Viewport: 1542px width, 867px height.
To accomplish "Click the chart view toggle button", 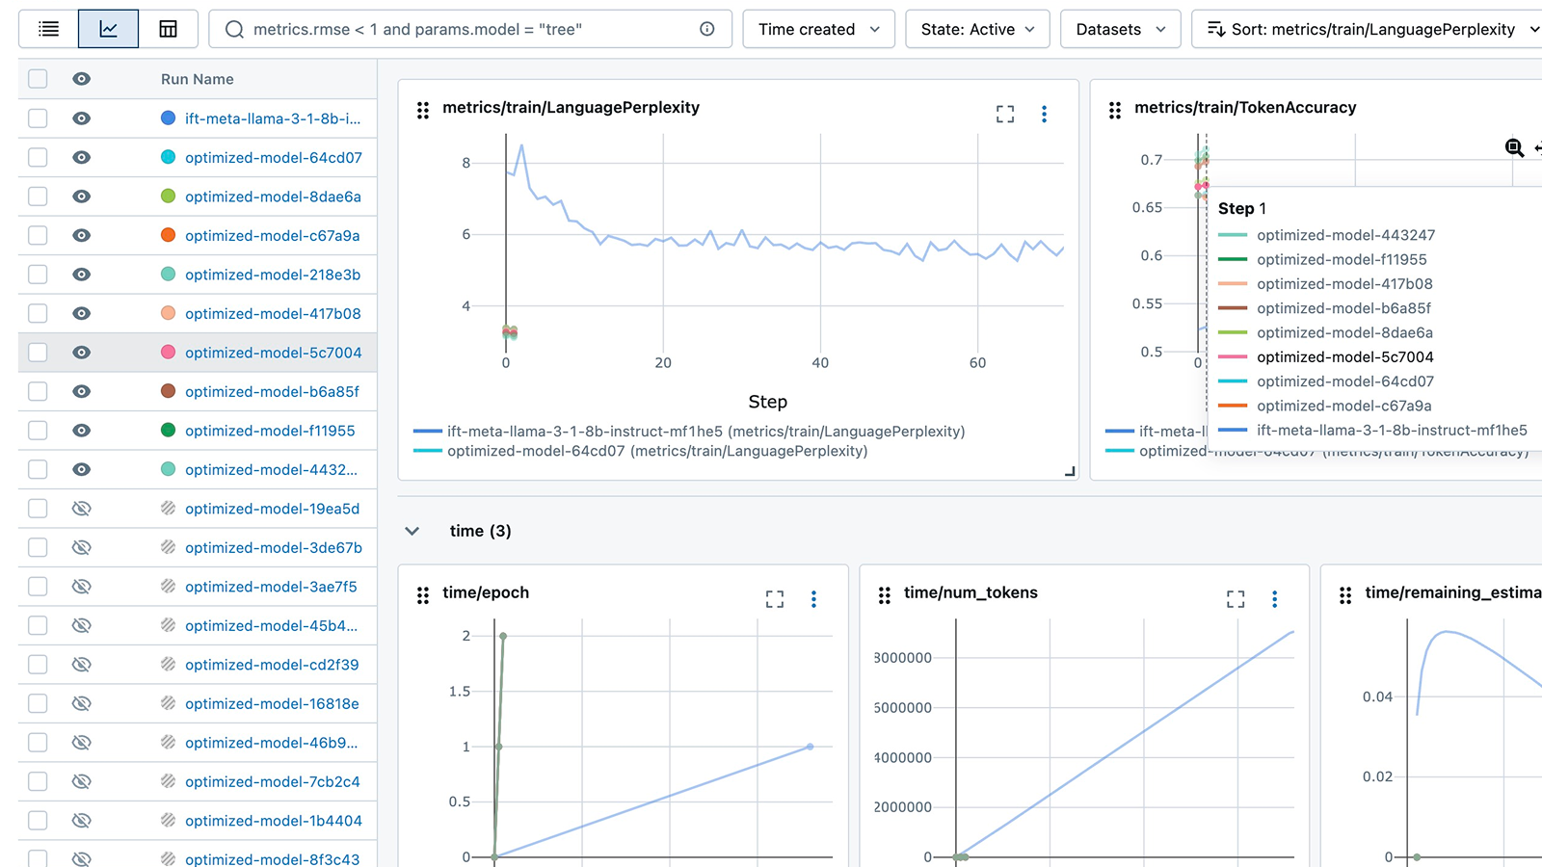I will pyautogui.click(x=108, y=29).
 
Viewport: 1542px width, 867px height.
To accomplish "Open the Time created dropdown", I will pyautogui.click(x=818, y=29).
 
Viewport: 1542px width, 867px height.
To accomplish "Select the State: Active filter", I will pyautogui.click(x=977, y=29).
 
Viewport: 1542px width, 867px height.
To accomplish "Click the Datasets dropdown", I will pyautogui.click(x=1120, y=29).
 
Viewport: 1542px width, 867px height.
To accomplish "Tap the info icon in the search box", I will pyautogui.click(x=707, y=29).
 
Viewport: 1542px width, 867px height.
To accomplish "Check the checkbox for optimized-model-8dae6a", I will pyautogui.click(x=38, y=197).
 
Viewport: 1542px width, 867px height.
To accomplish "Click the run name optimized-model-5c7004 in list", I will pyautogui.click(x=273, y=353).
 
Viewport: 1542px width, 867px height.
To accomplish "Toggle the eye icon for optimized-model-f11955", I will pyautogui.click(x=82, y=431).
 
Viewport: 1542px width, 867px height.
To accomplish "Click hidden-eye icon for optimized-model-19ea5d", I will pyautogui.click(x=82, y=509).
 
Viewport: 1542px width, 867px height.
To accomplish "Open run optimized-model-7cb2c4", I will pyautogui.click(x=272, y=782).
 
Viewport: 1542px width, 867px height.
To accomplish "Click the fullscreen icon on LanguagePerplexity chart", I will pyautogui.click(x=1005, y=115).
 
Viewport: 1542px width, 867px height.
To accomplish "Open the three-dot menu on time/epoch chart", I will pyautogui.click(x=813, y=599).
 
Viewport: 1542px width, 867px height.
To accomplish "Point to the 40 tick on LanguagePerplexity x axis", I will pyautogui.click(x=820, y=363).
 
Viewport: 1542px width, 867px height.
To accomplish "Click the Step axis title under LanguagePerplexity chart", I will pyautogui.click(x=767, y=402).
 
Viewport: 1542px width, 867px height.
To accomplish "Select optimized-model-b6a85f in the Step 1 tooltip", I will pyautogui.click(x=1343, y=308).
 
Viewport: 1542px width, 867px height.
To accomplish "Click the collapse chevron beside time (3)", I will pyautogui.click(x=412, y=531).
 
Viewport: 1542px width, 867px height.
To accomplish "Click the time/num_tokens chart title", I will pyautogui.click(x=970, y=592).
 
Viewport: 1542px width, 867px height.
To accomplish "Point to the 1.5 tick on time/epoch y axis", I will pyautogui.click(x=460, y=692).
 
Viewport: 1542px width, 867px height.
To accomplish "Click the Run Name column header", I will pyautogui.click(x=197, y=79).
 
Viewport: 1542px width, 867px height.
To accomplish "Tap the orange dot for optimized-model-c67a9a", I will pyautogui.click(x=168, y=235).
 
